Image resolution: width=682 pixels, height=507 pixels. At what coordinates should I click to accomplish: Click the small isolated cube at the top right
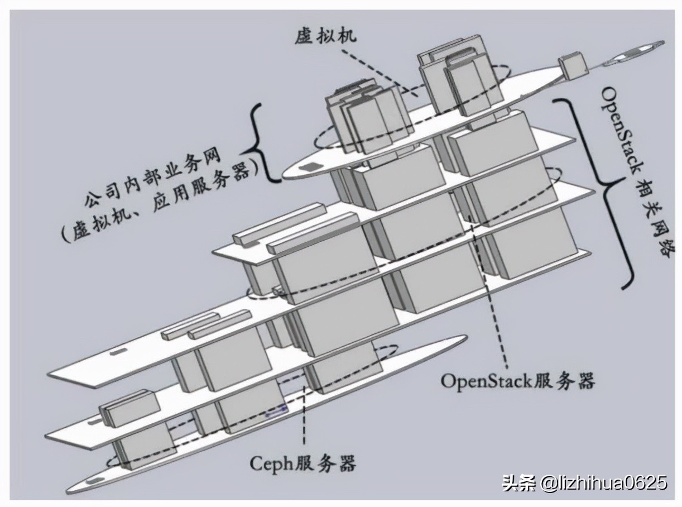point(573,66)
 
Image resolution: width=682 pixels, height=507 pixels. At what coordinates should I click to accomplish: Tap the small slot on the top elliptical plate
point(308,168)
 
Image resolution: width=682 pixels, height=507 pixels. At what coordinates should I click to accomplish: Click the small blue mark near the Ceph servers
point(276,413)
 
